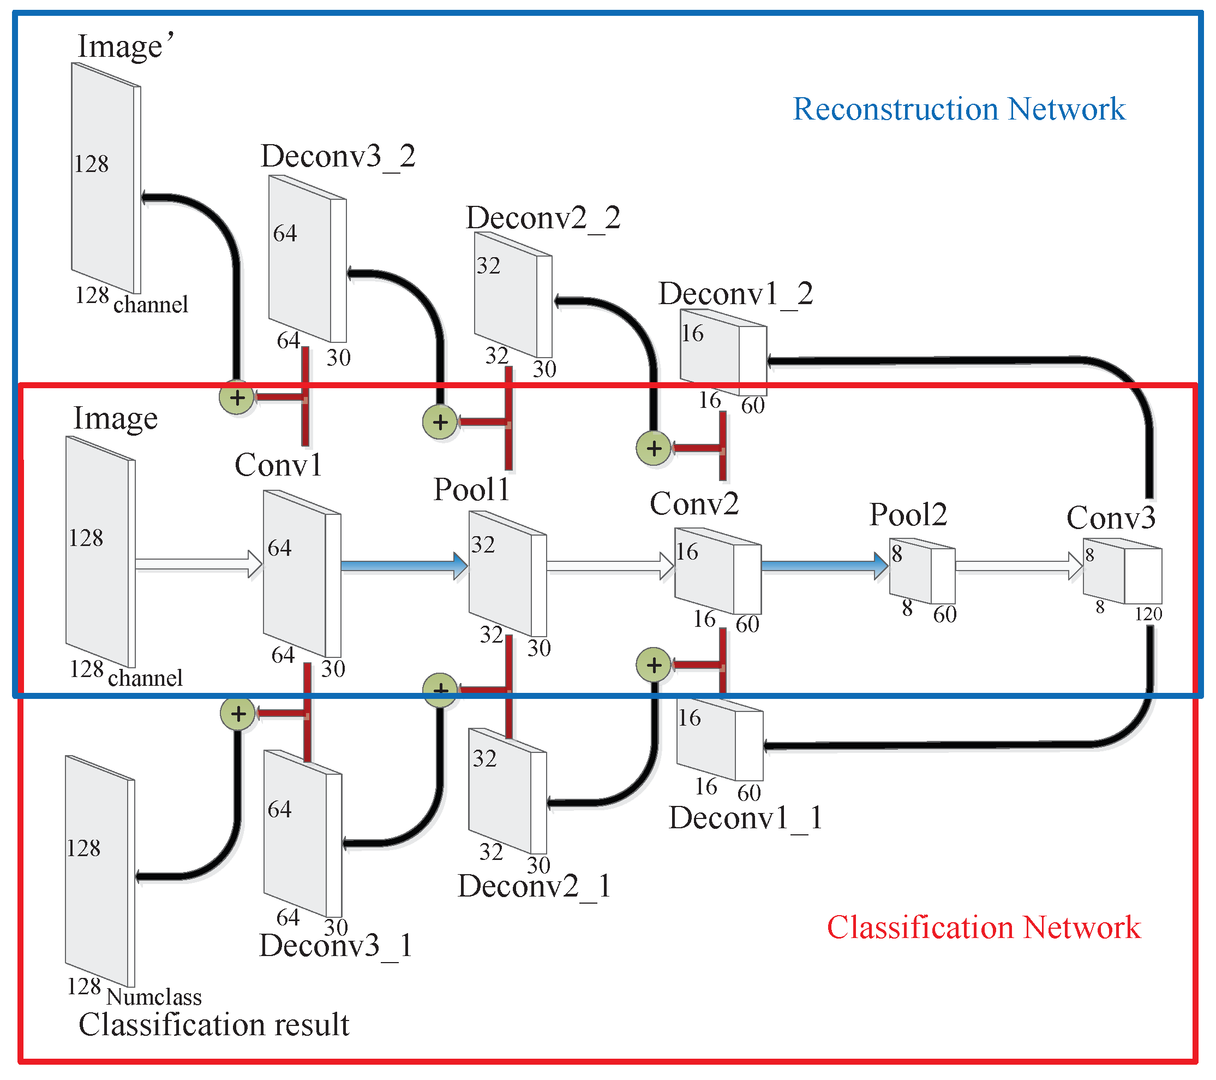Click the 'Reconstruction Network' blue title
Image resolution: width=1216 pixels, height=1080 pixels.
(x=959, y=109)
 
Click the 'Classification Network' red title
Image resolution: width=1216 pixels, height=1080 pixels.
(x=983, y=927)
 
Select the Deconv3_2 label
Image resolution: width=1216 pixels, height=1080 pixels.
(x=337, y=157)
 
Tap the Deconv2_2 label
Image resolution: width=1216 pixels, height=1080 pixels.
(x=543, y=218)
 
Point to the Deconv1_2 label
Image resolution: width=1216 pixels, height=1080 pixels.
(x=735, y=294)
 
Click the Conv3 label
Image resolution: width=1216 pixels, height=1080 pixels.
(x=1110, y=518)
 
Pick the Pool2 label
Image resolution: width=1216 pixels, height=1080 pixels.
(x=908, y=514)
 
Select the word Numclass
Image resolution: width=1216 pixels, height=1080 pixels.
(x=154, y=996)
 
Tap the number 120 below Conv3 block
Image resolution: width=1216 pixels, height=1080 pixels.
(x=1148, y=614)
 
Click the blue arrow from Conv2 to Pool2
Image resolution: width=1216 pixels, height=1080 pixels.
(x=824, y=566)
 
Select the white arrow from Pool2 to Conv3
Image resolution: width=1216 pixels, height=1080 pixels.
(x=1018, y=566)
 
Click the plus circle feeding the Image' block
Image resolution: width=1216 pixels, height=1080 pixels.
(x=237, y=397)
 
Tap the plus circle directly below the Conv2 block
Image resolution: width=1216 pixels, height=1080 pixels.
(x=654, y=664)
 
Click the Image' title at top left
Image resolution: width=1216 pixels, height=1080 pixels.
(x=125, y=46)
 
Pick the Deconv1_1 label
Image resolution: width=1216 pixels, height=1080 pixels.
(x=745, y=817)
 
